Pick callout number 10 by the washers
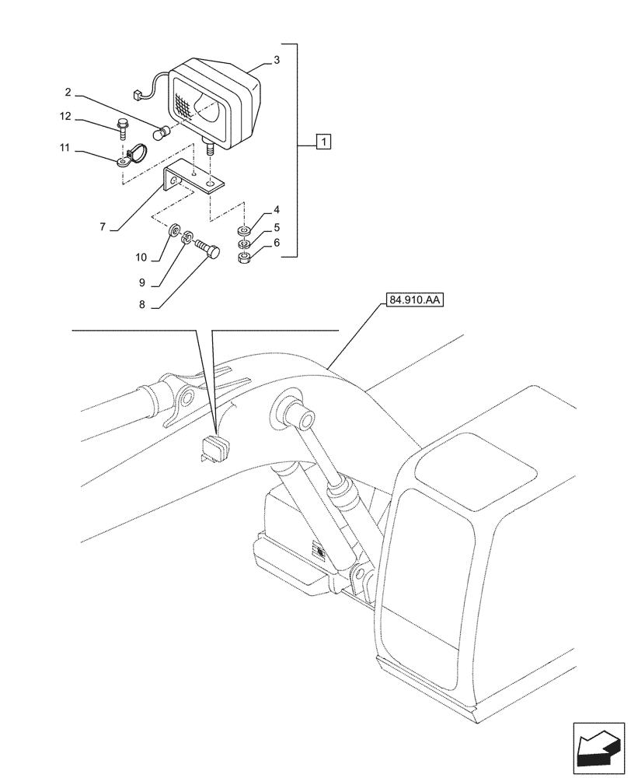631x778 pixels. pyautogui.click(x=142, y=257)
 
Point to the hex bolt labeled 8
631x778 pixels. pyautogui.click(x=207, y=249)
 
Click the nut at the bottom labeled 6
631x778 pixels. pyautogui.click(x=243, y=259)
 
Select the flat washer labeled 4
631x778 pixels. pyautogui.click(x=243, y=231)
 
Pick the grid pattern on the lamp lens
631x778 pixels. pyautogui.click(x=183, y=104)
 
